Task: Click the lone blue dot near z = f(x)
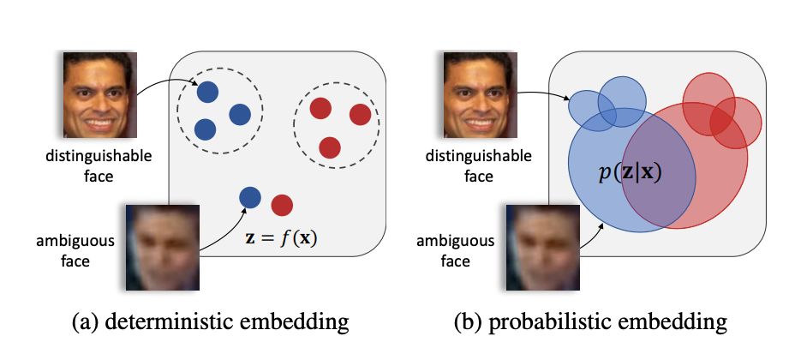(x=249, y=197)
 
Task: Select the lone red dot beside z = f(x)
(x=282, y=205)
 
